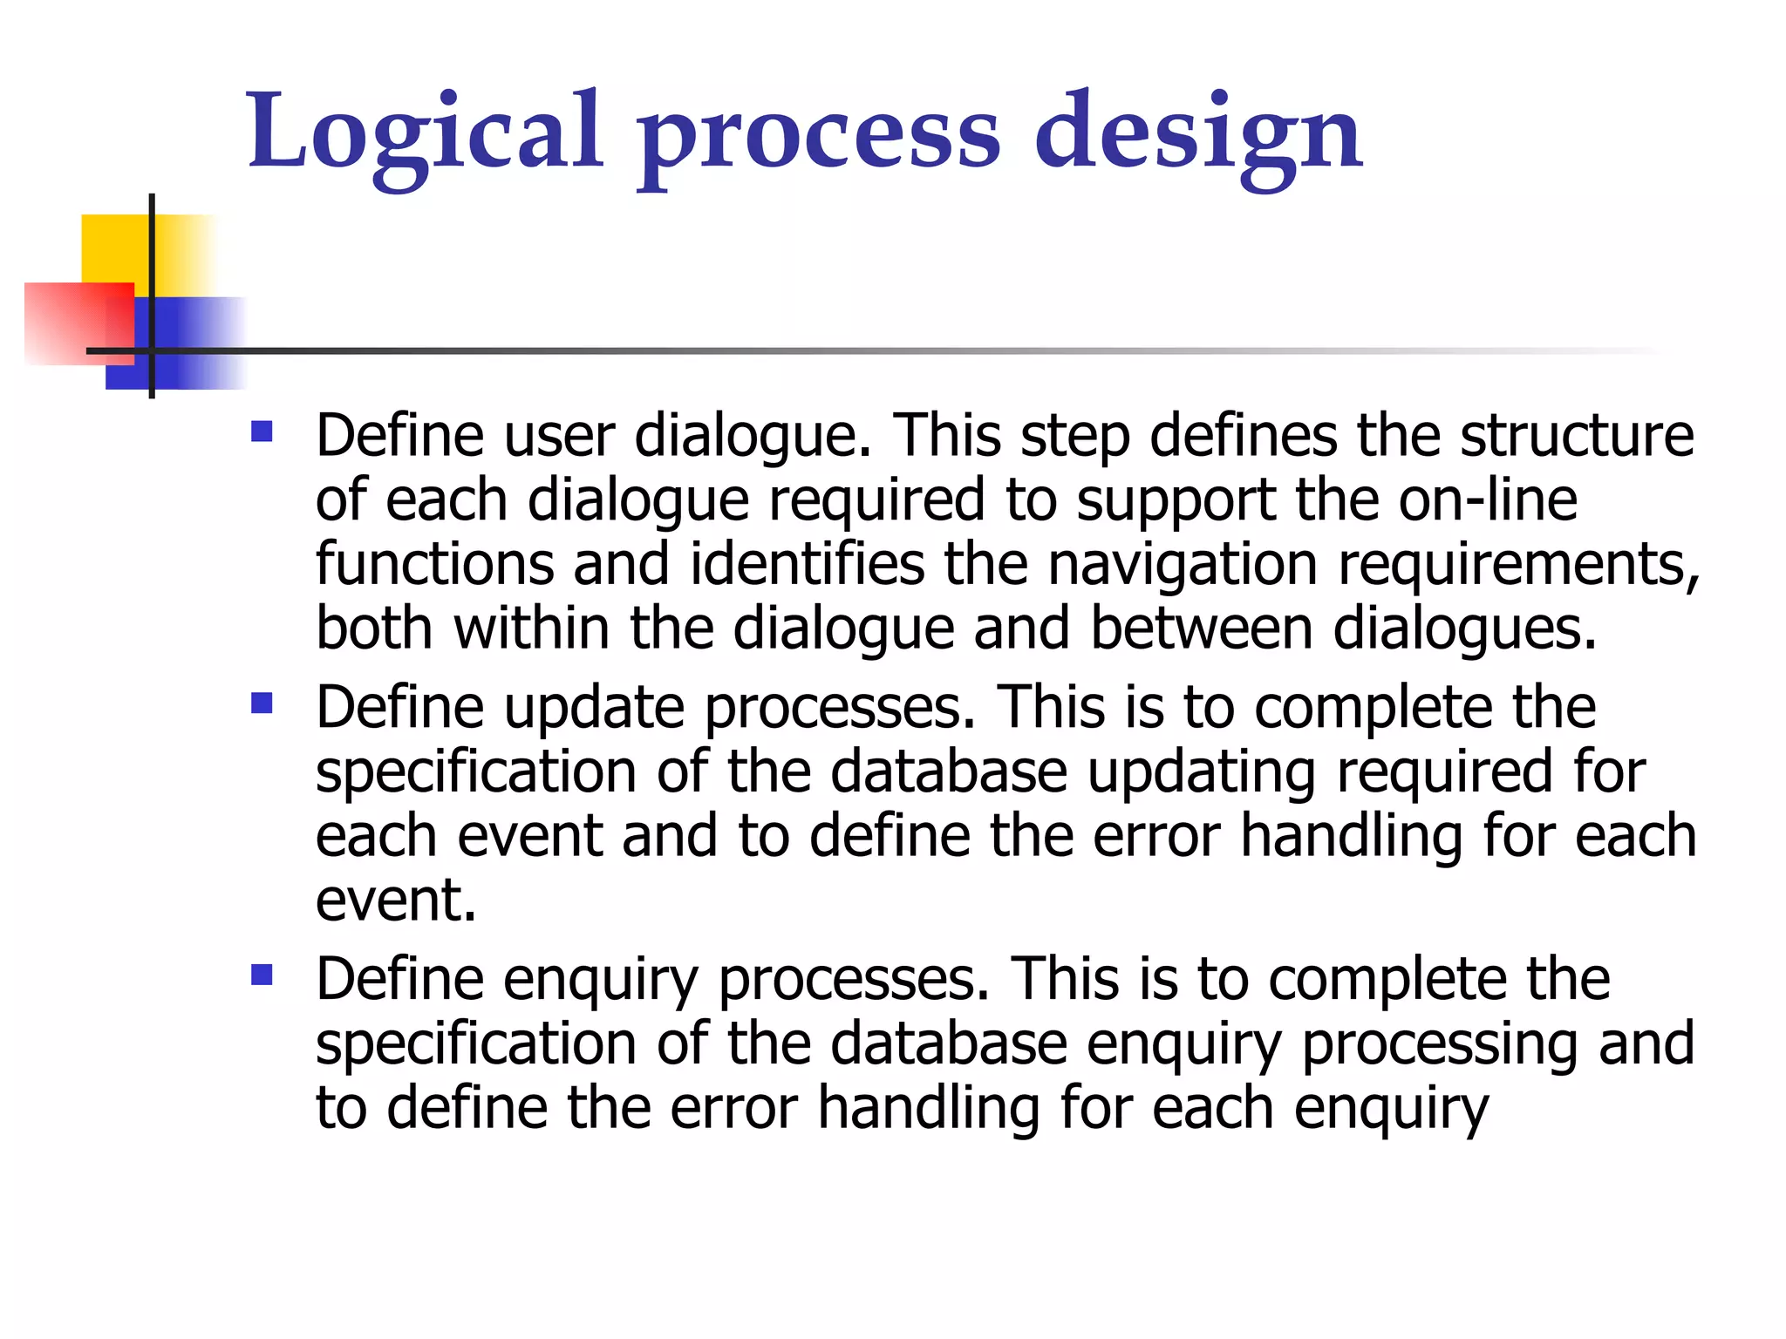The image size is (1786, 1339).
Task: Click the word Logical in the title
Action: (x=426, y=133)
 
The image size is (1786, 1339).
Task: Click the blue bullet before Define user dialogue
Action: (x=262, y=432)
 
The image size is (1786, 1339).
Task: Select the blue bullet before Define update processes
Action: (x=262, y=703)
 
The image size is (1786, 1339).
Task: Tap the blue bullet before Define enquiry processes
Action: (x=262, y=975)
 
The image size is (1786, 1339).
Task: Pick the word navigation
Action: (x=1183, y=564)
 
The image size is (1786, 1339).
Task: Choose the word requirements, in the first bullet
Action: (x=1518, y=566)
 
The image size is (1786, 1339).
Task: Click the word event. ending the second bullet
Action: (x=396, y=901)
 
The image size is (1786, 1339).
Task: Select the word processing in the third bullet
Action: (x=1440, y=1044)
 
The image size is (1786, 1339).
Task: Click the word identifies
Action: (x=807, y=564)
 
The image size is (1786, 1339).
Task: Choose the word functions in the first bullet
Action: (x=434, y=564)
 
